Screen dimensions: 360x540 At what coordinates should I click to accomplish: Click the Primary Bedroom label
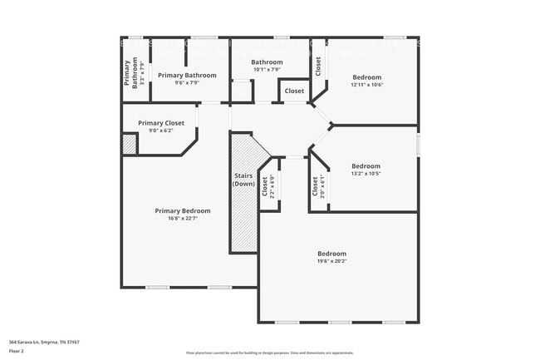[183, 210]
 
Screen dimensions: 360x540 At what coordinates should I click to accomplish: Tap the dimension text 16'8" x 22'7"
[183, 218]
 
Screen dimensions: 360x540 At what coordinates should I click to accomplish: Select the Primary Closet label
[161, 122]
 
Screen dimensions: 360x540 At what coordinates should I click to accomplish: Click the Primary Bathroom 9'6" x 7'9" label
[187, 76]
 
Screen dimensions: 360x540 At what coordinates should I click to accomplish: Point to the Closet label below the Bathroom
[294, 91]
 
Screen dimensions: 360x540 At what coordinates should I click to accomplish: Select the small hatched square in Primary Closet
[130, 144]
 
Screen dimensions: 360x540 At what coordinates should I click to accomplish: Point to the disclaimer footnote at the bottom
[269, 353]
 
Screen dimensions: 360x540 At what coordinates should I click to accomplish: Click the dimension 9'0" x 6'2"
[161, 130]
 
